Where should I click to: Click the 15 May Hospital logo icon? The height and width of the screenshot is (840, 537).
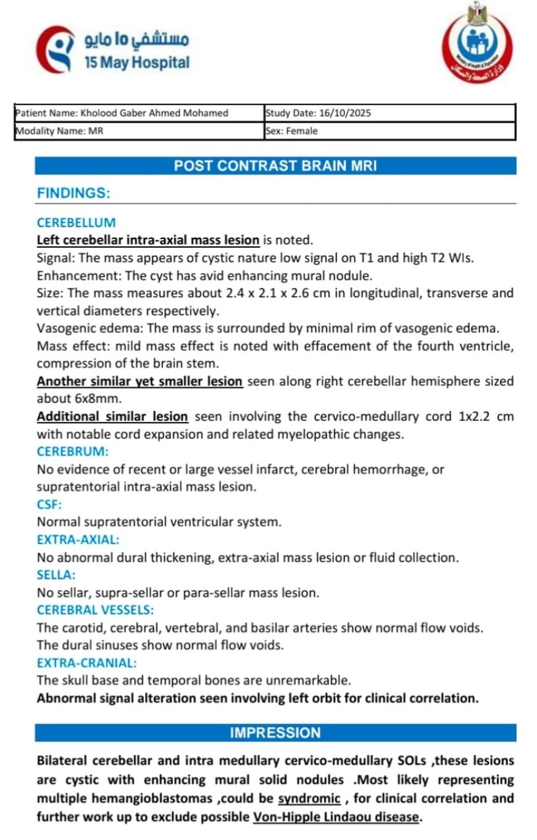[x=56, y=49]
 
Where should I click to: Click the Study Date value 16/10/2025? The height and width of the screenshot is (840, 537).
[x=344, y=113]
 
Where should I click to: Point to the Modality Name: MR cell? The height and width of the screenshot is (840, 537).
[x=59, y=131]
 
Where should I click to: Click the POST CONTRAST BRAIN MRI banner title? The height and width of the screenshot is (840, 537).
[x=275, y=166]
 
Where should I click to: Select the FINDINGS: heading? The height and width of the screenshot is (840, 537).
[x=73, y=193]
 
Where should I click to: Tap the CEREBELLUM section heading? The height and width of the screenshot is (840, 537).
[x=76, y=222]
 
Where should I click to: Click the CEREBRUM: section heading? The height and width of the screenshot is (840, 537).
[x=73, y=451]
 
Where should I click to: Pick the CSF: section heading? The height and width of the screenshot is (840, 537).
[x=49, y=505]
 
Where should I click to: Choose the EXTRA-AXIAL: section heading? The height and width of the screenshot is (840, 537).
[x=78, y=540]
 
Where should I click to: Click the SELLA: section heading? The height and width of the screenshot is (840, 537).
[x=56, y=575]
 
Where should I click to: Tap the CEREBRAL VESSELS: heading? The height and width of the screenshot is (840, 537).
[x=95, y=610]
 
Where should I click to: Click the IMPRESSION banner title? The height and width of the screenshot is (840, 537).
[x=275, y=733]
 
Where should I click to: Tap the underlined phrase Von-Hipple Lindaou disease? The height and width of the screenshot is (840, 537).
[x=336, y=817]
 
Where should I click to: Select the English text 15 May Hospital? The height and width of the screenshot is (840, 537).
[x=137, y=62]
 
